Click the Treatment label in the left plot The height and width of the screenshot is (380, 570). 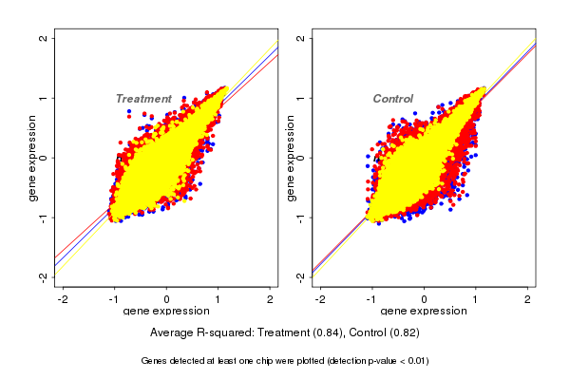click(143, 99)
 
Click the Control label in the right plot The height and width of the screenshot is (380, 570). click(392, 99)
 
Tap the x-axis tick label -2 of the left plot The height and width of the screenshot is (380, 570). click(63, 300)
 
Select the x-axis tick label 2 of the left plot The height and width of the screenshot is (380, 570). click(272, 300)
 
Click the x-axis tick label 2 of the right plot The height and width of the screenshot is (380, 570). click(528, 300)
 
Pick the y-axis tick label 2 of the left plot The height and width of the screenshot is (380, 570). click(44, 39)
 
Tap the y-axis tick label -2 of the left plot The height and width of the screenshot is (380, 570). click(44, 276)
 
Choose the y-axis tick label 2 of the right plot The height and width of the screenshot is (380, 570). click(300, 39)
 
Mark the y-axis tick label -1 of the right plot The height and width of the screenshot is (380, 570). click(300, 217)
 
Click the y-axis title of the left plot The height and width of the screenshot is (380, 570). click(32, 158)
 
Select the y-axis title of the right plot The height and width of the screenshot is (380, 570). click(289, 158)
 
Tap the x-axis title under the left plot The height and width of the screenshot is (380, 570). click(167, 312)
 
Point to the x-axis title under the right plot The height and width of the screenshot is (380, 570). click(424, 312)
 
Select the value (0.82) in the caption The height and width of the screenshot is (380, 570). click(403, 333)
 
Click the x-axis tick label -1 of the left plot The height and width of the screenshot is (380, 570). click(115, 300)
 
